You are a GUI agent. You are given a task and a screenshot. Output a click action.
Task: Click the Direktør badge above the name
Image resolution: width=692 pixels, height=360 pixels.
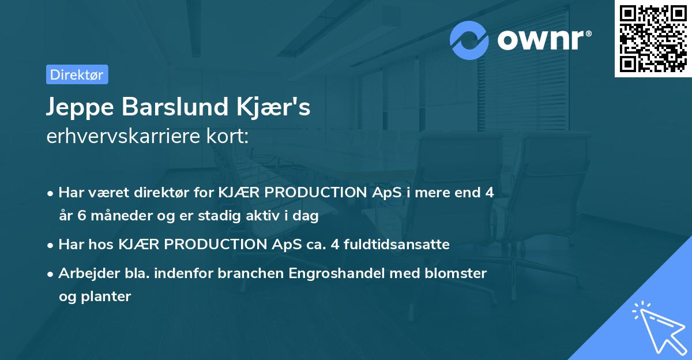77,74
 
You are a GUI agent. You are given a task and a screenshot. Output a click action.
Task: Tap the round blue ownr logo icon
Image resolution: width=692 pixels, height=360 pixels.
469,40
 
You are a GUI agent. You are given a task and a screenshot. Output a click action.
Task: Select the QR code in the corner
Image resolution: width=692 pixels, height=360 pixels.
653,38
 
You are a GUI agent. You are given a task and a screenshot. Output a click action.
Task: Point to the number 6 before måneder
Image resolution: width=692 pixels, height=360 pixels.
78,216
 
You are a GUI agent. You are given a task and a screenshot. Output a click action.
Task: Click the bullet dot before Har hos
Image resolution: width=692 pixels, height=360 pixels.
51,245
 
